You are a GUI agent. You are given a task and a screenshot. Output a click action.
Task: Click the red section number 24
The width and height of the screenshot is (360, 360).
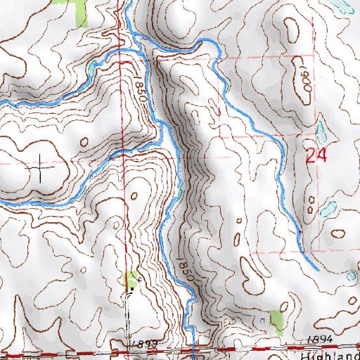point(316,155)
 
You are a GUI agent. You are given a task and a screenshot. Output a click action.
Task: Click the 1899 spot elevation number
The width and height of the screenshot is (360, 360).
point(141,342)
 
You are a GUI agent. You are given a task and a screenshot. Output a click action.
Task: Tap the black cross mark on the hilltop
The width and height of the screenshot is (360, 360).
point(43,169)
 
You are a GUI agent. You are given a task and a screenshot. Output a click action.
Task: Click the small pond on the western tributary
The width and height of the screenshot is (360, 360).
point(91,69)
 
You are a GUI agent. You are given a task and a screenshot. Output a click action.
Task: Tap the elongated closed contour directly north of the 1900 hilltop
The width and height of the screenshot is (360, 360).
point(290,28)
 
